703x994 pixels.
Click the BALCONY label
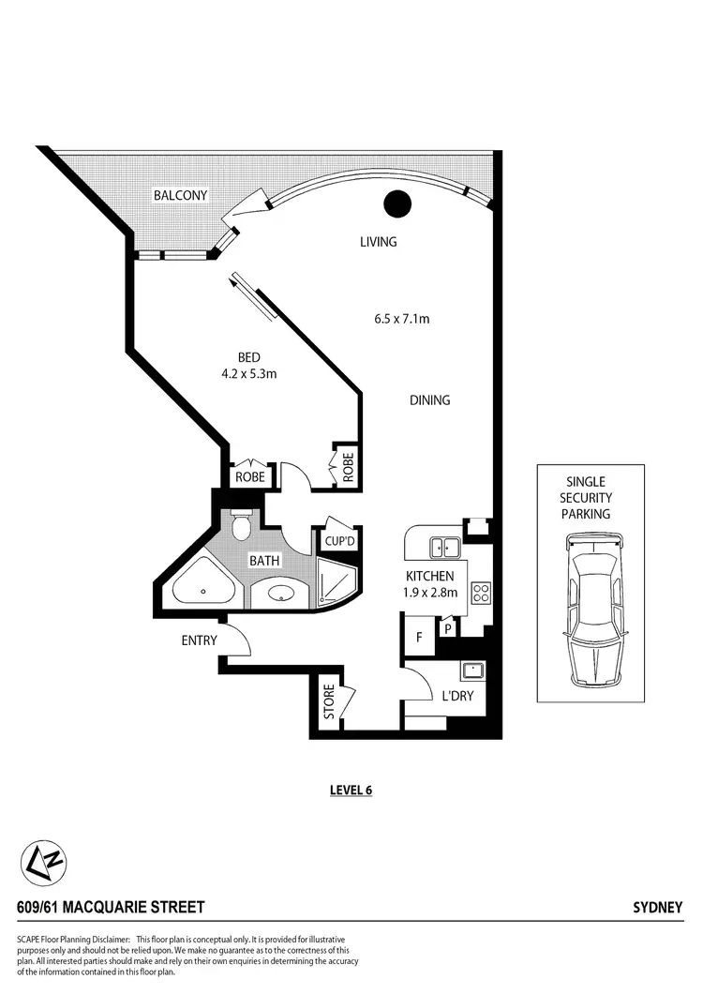click(181, 195)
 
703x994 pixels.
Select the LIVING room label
click(379, 242)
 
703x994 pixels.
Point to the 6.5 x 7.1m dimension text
click(401, 319)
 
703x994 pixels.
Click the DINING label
click(430, 400)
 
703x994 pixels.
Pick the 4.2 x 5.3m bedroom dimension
click(247, 374)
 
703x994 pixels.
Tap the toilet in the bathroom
click(240, 528)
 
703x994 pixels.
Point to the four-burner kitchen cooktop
click(481, 593)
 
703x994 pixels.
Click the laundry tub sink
click(471, 671)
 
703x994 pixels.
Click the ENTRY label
click(200, 641)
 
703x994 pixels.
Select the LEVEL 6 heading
click(351, 790)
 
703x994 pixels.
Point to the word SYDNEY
click(659, 908)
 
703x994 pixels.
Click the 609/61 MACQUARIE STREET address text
click(111, 908)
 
